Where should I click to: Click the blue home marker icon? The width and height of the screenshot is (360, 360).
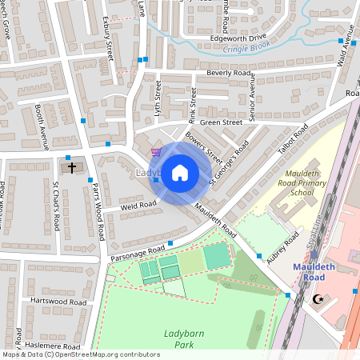coord(180,172)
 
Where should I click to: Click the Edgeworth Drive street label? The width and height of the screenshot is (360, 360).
coord(237,37)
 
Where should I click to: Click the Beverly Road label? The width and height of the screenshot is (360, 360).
coord(229,73)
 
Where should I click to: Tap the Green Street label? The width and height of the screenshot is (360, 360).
coord(220,122)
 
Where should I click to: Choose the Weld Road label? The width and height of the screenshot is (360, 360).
coord(138,206)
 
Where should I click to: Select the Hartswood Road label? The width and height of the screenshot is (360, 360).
coord(57,302)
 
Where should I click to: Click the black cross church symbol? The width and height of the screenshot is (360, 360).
coord(72,168)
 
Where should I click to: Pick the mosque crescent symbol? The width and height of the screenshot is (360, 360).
coord(322,299)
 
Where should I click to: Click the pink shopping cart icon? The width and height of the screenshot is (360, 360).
coord(156,152)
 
